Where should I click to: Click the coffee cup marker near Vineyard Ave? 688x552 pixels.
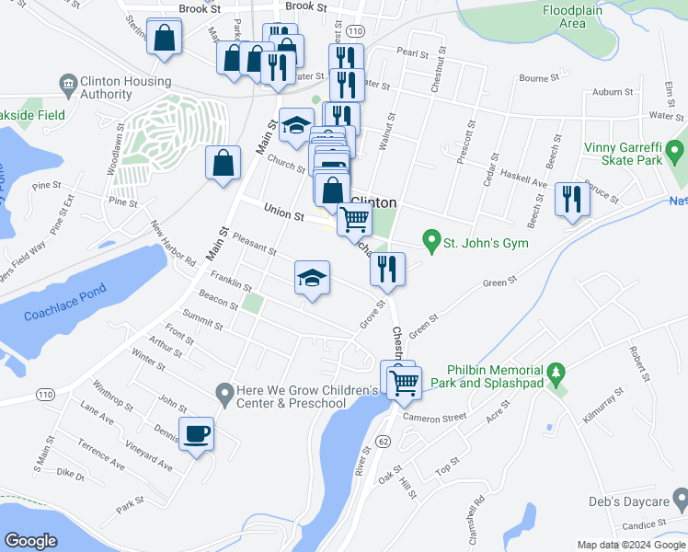pyautogui.click(x=197, y=433)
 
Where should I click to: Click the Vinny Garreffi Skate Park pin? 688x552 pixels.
pyautogui.click(x=677, y=149)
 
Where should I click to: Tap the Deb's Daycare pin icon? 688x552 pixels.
pyautogui.click(x=681, y=501)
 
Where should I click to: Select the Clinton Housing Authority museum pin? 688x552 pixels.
pyautogui.click(x=67, y=86)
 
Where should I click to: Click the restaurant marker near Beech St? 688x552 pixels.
pyautogui.click(x=572, y=199)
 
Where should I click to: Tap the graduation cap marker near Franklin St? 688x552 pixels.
pyautogui.click(x=312, y=279)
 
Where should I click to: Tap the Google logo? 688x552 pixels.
pyautogui.click(x=31, y=540)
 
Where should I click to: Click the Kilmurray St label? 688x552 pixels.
pyautogui.click(x=603, y=405)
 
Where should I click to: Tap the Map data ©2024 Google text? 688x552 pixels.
pyautogui.click(x=629, y=545)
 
